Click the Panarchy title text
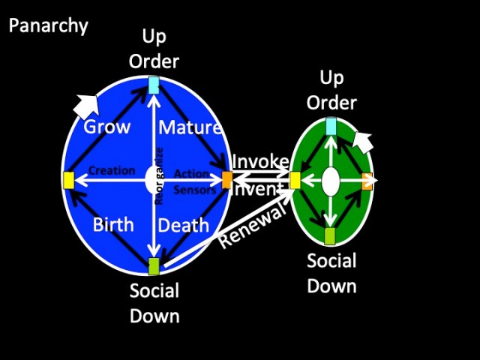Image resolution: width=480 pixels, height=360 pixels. (48, 26)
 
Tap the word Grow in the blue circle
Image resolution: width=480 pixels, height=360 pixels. (106, 127)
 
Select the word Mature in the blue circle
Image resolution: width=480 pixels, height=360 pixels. (190, 127)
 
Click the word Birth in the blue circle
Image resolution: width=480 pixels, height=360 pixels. (113, 225)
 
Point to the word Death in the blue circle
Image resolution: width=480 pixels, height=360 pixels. (184, 225)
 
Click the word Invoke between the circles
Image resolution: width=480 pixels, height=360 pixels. (259, 162)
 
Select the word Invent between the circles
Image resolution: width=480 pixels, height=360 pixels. (259, 189)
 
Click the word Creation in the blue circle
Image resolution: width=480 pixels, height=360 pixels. (112, 171)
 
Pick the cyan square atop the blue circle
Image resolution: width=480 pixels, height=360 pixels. (154, 85)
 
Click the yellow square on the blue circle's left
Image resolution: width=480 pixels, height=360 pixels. (68, 180)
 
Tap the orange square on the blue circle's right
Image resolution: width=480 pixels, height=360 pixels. (227, 179)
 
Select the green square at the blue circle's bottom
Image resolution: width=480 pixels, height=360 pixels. (154, 265)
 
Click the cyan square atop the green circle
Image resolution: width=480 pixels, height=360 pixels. (331, 126)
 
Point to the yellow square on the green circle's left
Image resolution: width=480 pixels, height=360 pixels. (295, 180)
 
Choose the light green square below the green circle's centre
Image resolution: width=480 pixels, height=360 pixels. (330, 235)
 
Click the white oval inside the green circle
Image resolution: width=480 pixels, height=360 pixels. (331, 181)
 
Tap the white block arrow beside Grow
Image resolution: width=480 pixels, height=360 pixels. (87, 106)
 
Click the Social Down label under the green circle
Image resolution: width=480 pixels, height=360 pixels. (331, 273)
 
